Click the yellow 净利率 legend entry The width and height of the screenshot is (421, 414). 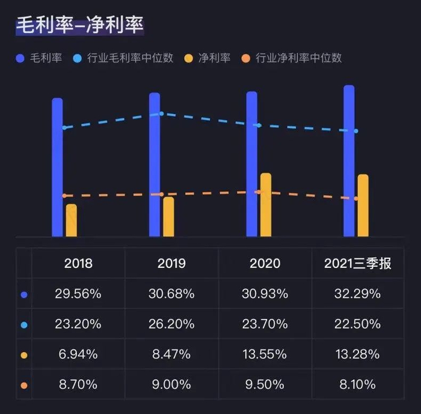tap(206, 58)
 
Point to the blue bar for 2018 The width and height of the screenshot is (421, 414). tap(57, 168)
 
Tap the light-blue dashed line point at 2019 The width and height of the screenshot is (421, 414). tap(161, 114)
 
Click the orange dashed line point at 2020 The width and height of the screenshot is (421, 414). tap(259, 192)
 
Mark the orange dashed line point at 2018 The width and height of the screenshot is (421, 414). tap(64, 196)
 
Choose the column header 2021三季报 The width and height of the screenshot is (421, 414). tap(358, 264)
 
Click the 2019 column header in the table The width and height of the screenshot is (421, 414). tap(171, 264)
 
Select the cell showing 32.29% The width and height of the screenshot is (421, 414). tap(358, 294)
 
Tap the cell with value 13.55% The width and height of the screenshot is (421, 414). tap(265, 354)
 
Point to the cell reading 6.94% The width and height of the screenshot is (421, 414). tap(78, 354)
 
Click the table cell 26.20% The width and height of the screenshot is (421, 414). tap(171, 324)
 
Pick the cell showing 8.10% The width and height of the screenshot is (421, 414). tap(358, 384)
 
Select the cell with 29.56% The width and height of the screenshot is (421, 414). tap(78, 294)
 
